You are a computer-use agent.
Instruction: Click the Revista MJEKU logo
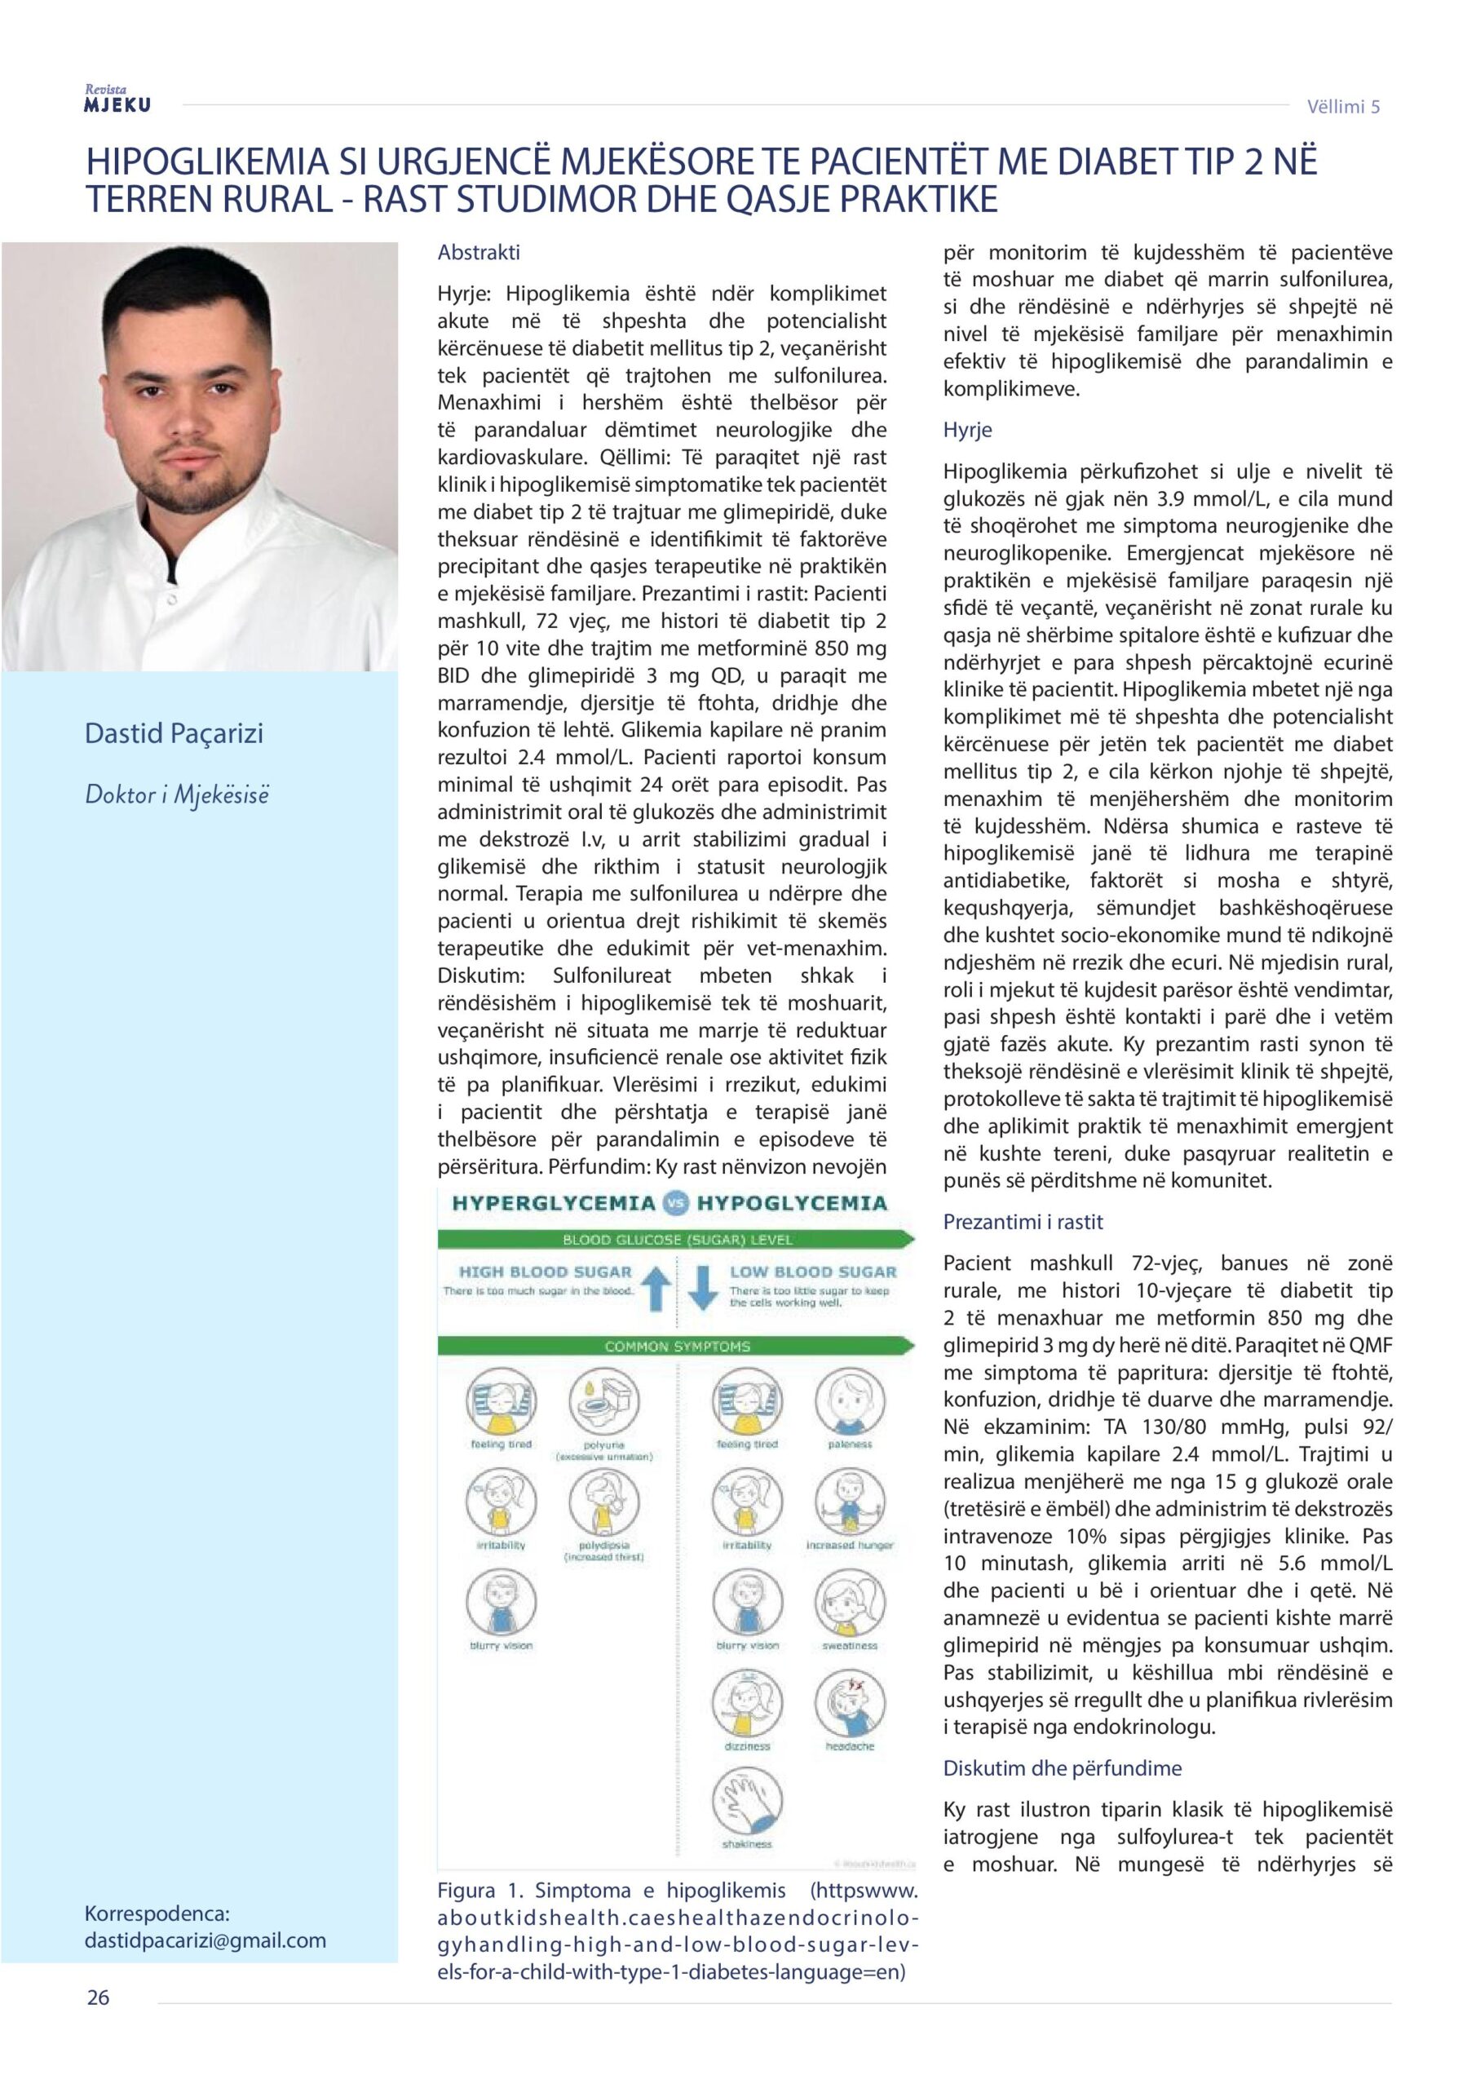tap(117, 100)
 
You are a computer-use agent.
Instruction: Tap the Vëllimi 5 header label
tap(1343, 106)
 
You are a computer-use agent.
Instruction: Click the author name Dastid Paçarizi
tap(174, 733)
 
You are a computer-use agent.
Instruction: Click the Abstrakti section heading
tap(479, 253)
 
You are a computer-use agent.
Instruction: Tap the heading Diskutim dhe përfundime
tap(1063, 1768)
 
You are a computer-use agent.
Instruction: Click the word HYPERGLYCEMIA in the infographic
tap(554, 1203)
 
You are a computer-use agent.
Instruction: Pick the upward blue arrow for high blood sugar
tap(656, 1290)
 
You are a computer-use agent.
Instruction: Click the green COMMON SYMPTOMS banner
tap(677, 1346)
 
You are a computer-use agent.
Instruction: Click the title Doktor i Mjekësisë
tap(177, 794)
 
